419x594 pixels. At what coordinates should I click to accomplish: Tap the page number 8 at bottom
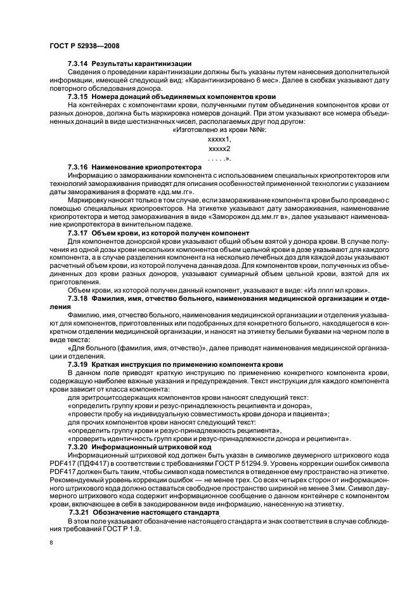(51, 543)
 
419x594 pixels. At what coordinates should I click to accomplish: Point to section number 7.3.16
(79, 166)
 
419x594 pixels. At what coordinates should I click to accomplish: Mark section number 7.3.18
(79, 298)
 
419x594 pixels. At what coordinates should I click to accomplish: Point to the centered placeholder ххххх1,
(219, 138)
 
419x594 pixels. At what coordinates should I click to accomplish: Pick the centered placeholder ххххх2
(219, 148)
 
